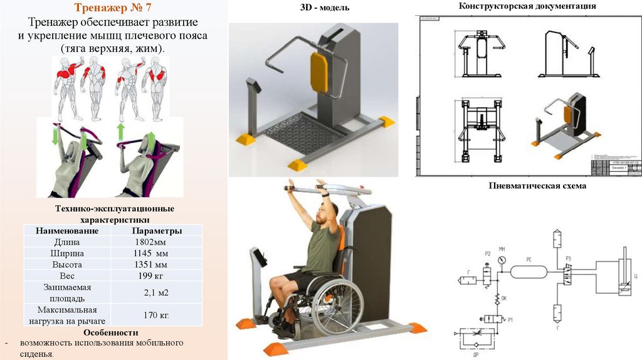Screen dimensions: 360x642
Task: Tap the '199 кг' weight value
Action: click(x=150, y=275)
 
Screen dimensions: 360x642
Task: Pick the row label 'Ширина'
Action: click(x=67, y=253)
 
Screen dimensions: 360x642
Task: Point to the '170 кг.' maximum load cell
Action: click(x=156, y=314)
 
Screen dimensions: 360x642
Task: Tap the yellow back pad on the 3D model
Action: click(x=319, y=71)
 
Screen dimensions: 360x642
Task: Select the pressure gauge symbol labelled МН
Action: click(x=502, y=259)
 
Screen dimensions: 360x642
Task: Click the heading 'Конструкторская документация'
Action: click(x=527, y=6)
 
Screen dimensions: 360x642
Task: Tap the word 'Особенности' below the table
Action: click(x=113, y=332)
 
